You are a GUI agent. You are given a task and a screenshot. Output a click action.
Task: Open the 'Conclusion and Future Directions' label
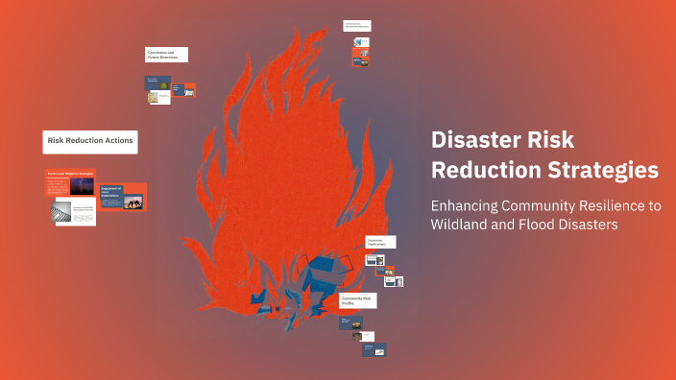tap(166, 55)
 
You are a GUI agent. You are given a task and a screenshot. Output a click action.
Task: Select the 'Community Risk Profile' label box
tap(357, 300)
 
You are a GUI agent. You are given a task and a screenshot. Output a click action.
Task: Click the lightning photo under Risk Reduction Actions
tap(83, 185)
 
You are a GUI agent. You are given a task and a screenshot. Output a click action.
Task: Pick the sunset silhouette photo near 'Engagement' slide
tap(134, 202)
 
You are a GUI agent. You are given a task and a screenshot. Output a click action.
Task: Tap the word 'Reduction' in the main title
tap(477, 170)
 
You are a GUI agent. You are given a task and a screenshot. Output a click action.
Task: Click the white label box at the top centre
tap(357, 26)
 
